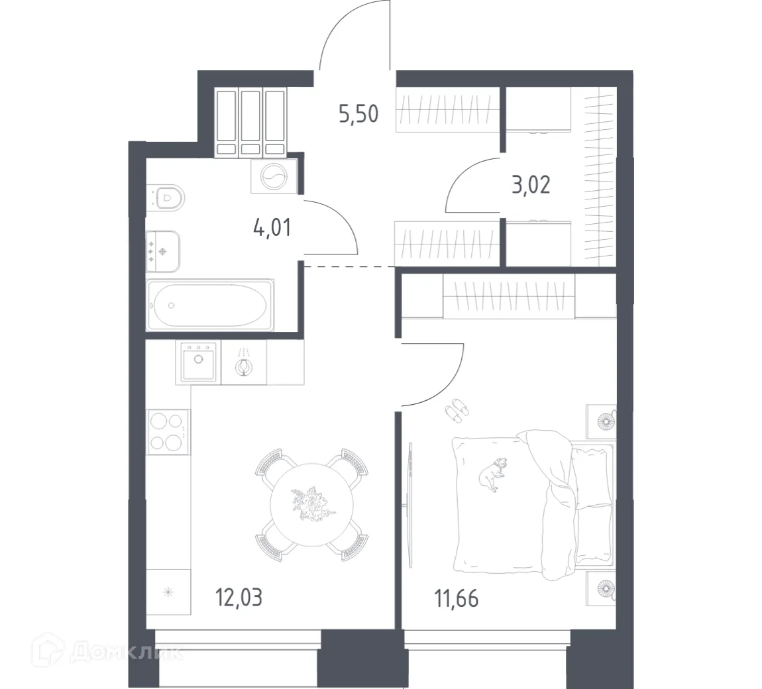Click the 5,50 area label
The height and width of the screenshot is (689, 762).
pos(358,114)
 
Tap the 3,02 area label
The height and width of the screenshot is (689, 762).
pos(530,184)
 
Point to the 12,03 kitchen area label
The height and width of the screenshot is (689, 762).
pos(239,598)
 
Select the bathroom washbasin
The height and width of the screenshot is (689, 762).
pos(163,251)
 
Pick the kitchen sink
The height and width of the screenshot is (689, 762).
pos(197,362)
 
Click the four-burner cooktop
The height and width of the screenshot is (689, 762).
pos(168,431)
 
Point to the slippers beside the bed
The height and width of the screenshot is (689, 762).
pos(456,409)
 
